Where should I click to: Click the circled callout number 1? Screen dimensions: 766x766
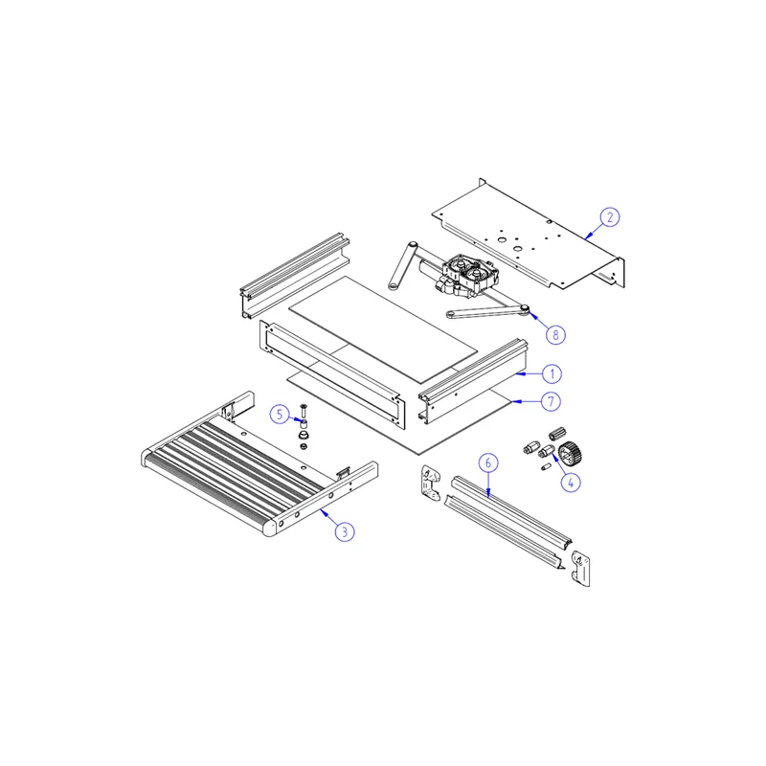click(552, 374)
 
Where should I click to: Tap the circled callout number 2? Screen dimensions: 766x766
click(610, 217)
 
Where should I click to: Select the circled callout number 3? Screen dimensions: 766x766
click(345, 531)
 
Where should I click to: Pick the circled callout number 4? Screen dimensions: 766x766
click(571, 483)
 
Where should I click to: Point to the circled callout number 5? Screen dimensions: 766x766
click(280, 415)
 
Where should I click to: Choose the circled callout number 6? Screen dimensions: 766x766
click(488, 462)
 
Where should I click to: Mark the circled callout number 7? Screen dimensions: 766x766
click(552, 401)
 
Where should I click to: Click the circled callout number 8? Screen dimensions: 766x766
click(555, 334)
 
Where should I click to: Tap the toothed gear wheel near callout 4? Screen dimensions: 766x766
click(570, 453)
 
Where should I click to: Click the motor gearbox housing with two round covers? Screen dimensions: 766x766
click(470, 275)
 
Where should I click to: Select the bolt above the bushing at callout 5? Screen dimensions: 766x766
click(304, 411)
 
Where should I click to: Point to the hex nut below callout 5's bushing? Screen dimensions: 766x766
click(304, 446)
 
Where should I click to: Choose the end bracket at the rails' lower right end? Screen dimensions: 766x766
click(581, 568)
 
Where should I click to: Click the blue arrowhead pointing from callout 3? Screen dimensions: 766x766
click(324, 511)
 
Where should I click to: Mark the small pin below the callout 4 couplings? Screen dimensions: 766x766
click(546, 467)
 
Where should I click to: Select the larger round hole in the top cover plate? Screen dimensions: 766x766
click(502, 240)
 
